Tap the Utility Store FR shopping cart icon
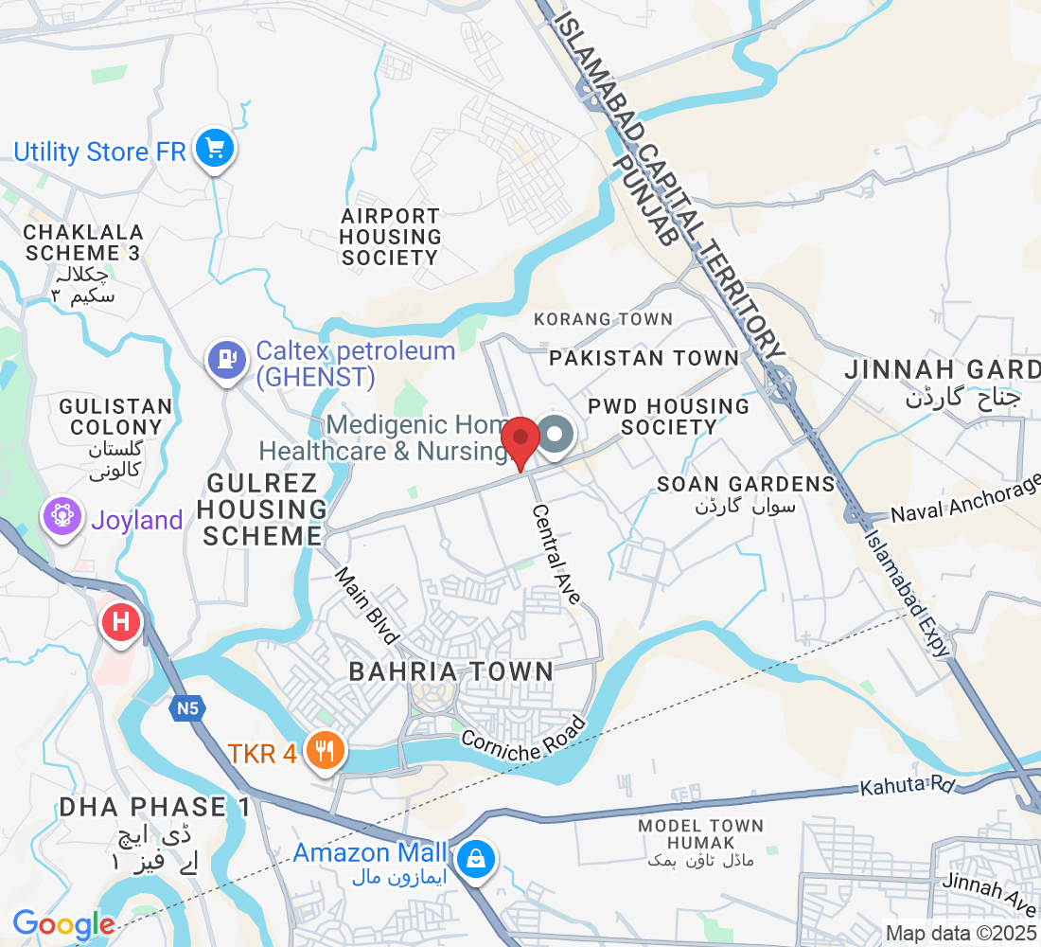point(215,149)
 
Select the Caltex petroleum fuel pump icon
point(226,359)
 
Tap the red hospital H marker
point(121,623)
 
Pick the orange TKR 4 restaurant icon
point(326,752)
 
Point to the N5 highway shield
point(188,707)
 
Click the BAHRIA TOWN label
point(450,671)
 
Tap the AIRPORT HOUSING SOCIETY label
point(390,237)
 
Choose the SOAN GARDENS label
point(746,484)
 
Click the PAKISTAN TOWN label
point(644,358)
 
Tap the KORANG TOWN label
point(603,319)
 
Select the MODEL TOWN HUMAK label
point(700,833)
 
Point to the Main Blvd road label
point(369,606)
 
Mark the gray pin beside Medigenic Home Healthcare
point(556,436)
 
